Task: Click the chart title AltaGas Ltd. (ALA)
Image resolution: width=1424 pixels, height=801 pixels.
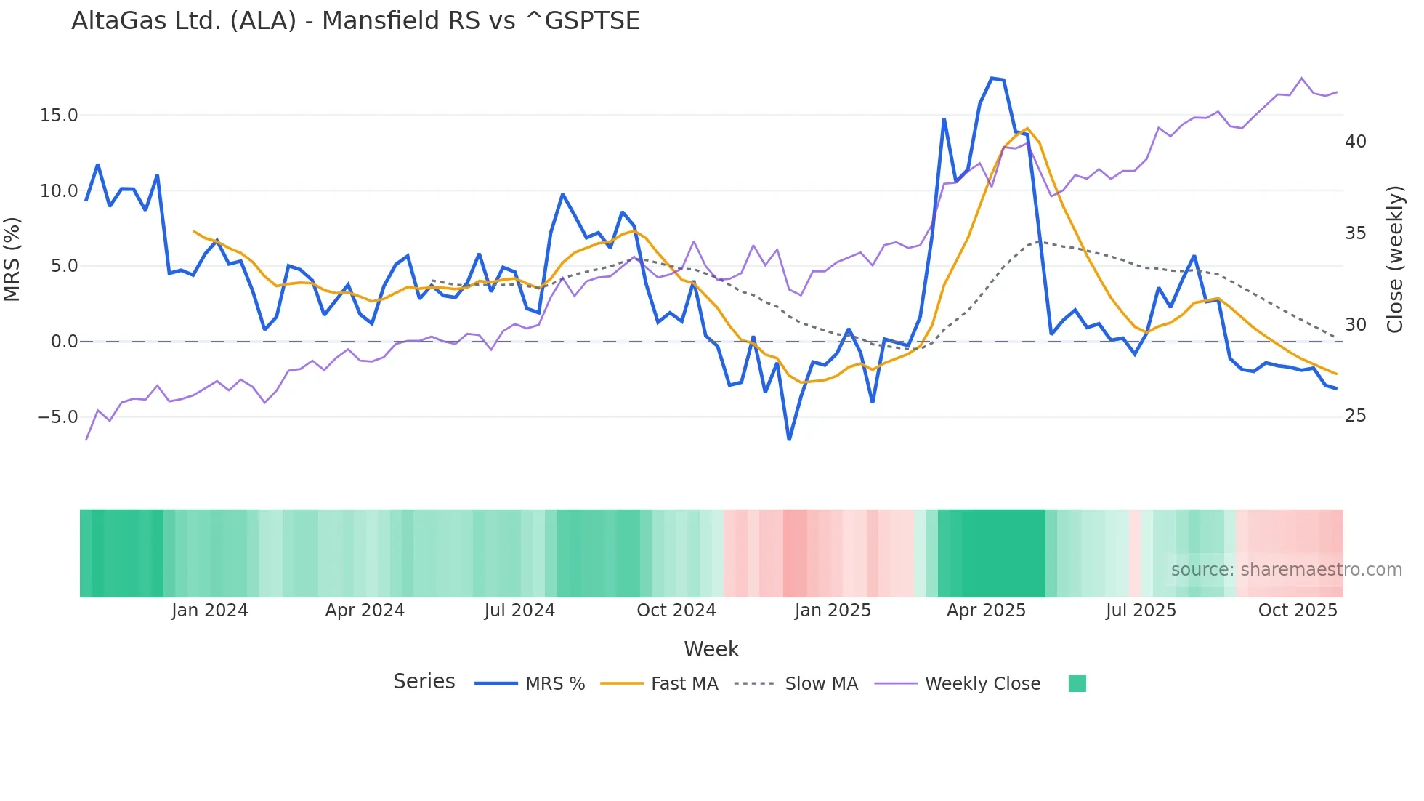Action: (x=355, y=21)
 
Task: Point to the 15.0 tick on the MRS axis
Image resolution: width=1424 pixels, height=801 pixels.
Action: (x=59, y=116)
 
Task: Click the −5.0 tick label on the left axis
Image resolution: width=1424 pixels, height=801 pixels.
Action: (x=57, y=417)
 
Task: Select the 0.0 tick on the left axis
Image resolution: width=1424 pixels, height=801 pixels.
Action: (x=64, y=342)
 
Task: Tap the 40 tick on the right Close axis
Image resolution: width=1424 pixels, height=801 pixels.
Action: (x=1356, y=142)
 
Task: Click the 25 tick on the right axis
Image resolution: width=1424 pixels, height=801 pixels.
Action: (x=1356, y=416)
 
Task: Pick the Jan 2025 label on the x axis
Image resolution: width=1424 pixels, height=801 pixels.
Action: (x=833, y=611)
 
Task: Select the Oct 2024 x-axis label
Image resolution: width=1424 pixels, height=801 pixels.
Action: (x=676, y=611)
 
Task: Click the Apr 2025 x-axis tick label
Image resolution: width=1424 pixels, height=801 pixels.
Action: (x=986, y=611)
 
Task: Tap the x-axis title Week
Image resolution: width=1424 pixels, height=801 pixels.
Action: (x=711, y=649)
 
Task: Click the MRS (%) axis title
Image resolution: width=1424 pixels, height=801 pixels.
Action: (x=12, y=259)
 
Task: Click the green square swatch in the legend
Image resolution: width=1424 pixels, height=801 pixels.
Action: (x=1077, y=683)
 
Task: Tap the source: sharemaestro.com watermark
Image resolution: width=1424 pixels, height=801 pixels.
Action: (x=1286, y=570)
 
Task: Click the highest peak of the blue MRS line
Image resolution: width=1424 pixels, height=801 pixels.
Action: (x=992, y=79)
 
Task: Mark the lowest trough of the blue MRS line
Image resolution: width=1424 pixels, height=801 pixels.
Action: (x=789, y=439)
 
